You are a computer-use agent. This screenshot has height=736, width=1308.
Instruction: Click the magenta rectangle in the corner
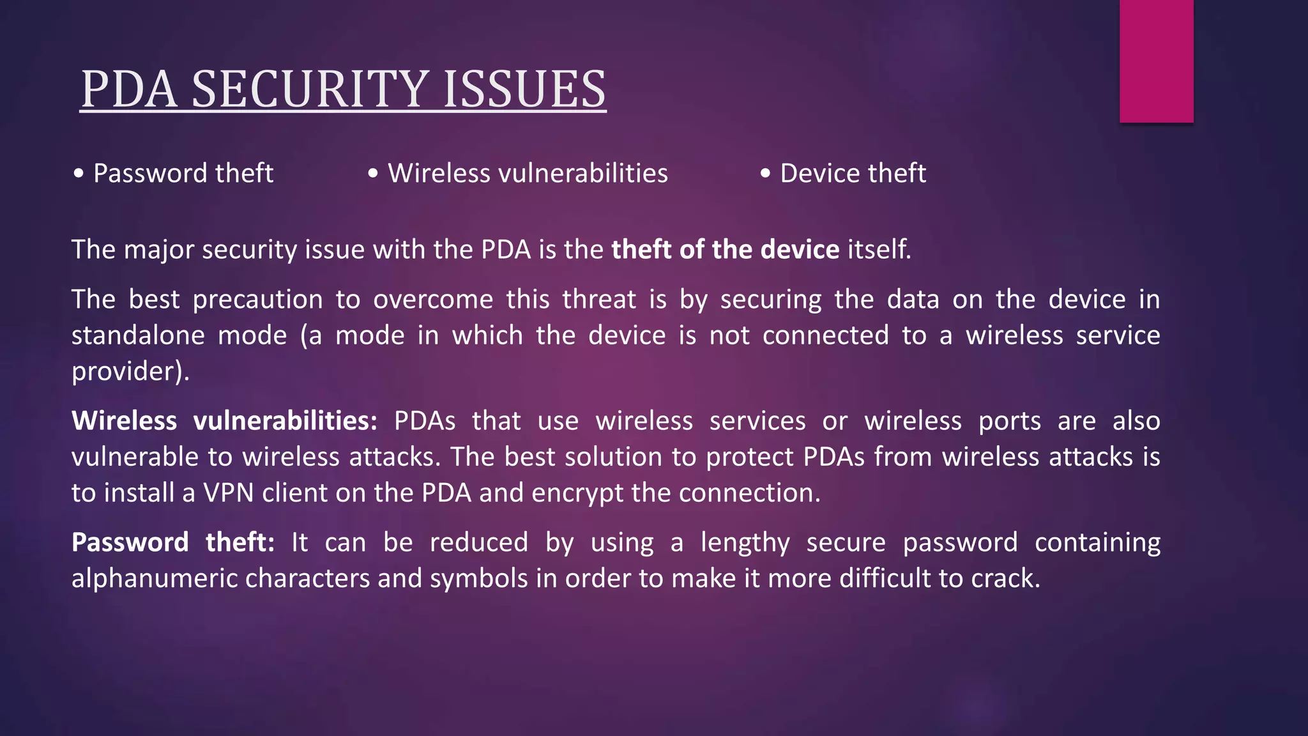1156,61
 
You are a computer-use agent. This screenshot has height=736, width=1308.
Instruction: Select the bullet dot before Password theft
79,174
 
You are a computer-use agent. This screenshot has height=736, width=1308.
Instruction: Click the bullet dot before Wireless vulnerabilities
373,174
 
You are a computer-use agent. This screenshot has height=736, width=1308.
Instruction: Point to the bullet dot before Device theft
765,174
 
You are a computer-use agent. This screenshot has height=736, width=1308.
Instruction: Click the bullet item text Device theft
853,174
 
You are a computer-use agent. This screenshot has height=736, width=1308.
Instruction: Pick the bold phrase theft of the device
725,249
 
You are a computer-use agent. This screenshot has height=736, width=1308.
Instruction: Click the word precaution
257,300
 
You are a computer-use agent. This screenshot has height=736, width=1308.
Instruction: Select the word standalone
138,335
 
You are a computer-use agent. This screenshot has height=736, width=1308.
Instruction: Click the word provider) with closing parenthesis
130,372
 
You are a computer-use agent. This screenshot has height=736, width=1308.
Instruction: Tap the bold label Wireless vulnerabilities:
224,421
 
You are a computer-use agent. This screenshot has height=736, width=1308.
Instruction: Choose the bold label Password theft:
172,542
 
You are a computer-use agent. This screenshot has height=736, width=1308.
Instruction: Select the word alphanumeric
155,579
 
